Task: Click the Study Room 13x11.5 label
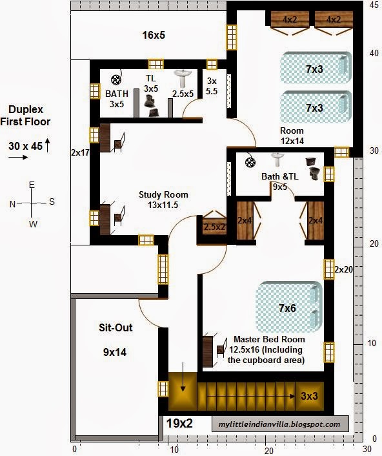[163, 200]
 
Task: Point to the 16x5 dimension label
[153, 35]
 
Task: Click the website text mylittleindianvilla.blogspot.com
[279, 424]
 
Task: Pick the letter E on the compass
[30, 185]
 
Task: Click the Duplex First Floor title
[25, 116]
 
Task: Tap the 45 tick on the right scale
[373, 5]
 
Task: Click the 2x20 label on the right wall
[343, 269]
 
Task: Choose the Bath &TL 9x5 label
[279, 181]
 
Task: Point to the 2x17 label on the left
[81, 153]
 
